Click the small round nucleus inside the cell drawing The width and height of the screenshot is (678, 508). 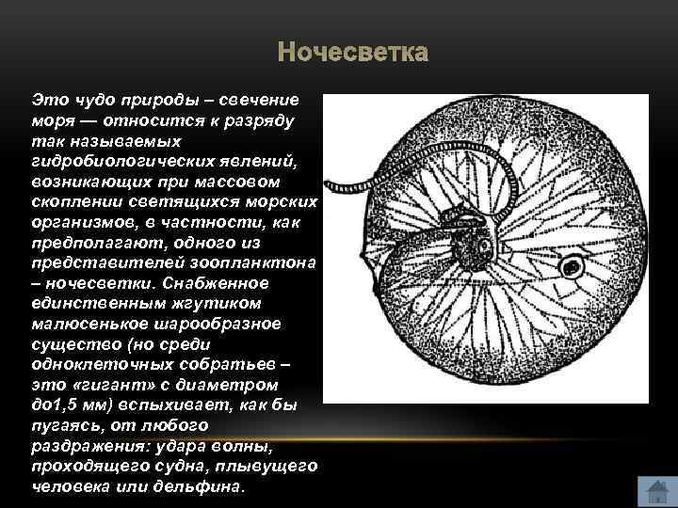(x=571, y=268)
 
